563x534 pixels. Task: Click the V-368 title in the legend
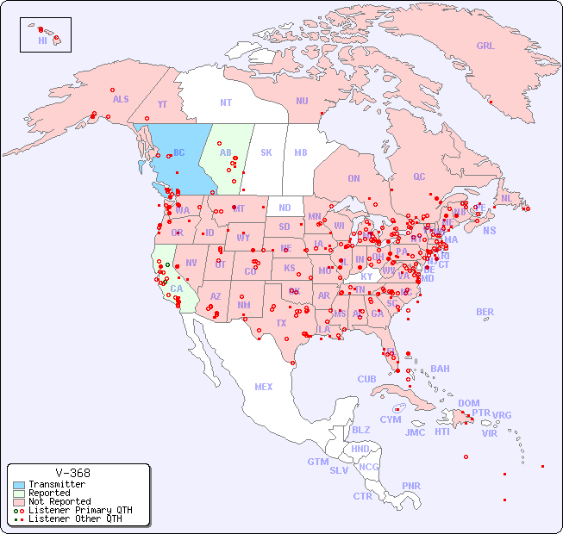[x=72, y=473]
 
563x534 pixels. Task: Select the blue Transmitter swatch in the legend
[x=19, y=485]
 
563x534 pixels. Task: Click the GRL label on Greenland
[x=485, y=47]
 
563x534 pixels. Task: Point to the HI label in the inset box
[x=42, y=40]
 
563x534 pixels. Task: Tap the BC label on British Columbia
[x=179, y=153]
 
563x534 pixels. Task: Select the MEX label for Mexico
[x=264, y=387]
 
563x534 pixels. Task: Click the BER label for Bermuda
[x=485, y=312]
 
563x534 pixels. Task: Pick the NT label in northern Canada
[x=226, y=102]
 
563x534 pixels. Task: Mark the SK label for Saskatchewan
[x=266, y=153]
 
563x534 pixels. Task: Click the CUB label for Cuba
[x=366, y=379]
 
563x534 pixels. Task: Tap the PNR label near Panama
[x=411, y=486]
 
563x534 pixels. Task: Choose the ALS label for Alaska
[x=121, y=99]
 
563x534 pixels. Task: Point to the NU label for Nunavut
[x=302, y=101]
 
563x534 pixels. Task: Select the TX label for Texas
[x=281, y=323]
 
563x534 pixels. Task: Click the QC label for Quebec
[x=419, y=177]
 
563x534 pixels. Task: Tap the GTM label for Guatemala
[x=317, y=462]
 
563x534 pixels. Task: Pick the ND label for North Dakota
[x=285, y=208]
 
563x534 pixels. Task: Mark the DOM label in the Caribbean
[x=468, y=403]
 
